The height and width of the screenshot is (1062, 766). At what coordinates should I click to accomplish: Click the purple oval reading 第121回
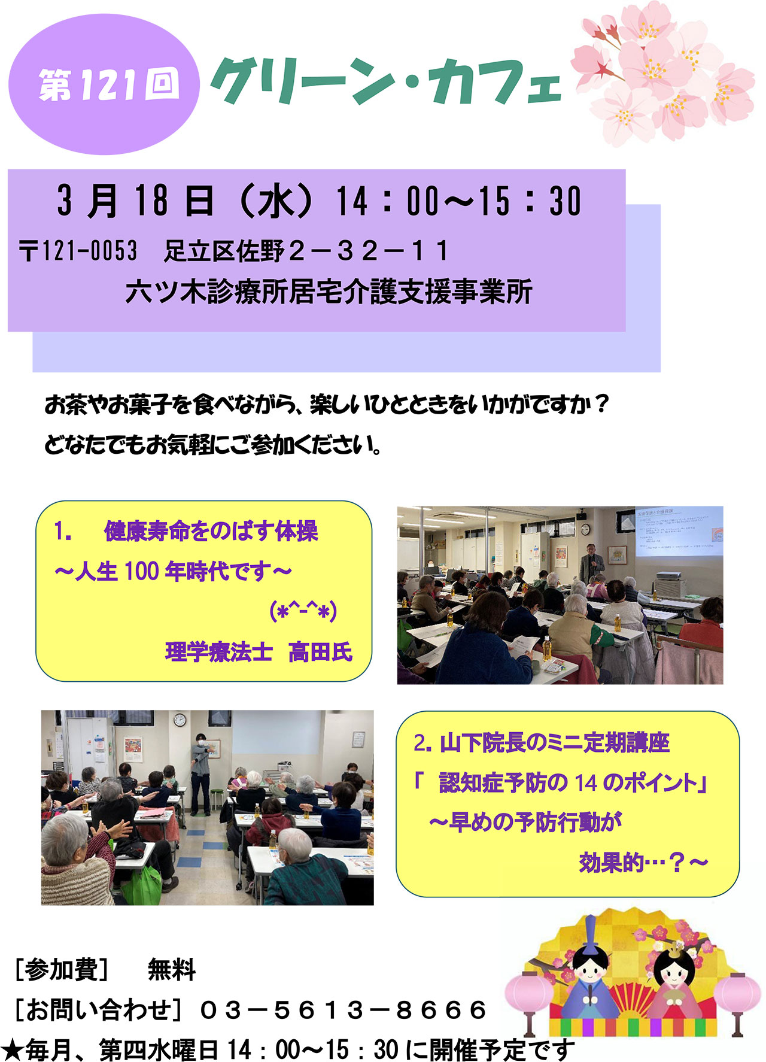point(104,84)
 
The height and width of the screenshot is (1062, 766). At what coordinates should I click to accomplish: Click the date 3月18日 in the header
point(135,201)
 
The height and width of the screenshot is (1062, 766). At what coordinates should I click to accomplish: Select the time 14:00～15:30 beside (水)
point(458,201)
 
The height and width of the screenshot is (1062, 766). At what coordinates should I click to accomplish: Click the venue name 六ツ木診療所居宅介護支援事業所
point(329,293)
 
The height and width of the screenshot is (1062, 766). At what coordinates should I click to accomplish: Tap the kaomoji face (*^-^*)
point(303,611)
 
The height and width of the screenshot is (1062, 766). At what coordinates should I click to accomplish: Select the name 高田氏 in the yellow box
point(320,651)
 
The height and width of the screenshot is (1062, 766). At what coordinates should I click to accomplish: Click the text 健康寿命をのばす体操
point(211,531)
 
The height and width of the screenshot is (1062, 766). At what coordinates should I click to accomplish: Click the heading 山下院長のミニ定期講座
point(554,743)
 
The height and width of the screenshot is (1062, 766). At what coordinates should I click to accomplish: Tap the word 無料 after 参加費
point(171,969)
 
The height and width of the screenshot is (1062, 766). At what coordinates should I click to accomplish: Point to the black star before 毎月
point(12,1049)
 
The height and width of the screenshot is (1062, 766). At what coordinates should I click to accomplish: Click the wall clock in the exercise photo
point(180,720)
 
